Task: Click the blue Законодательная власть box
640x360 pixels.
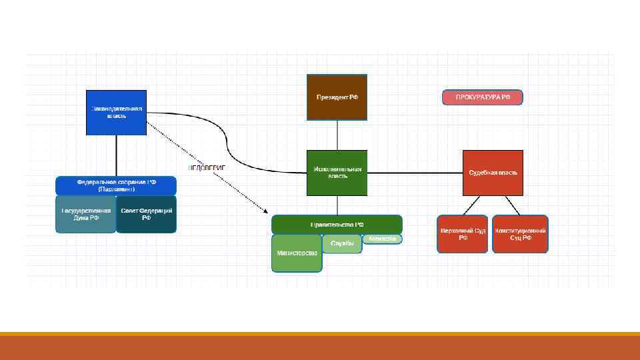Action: pyautogui.click(x=116, y=112)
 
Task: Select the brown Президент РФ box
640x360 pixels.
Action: pyautogui.click(x=337, y=97)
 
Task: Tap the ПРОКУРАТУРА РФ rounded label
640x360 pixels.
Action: pyautogui.click(x=483, y=97)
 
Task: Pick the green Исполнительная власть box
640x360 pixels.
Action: pyautogui.click(x=337, y=173)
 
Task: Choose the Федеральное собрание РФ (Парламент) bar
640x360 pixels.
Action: pyautogui.click(x=116, y=185)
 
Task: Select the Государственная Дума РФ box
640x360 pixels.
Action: pyautogui.click(x=85, y=214)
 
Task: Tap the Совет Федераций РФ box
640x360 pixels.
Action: pyautogui.click(x=147, y=214)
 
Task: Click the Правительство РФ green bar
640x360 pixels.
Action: pyautogui.click(x=337, y=224)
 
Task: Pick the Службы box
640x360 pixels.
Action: pyautogui.click(x=342, y=244)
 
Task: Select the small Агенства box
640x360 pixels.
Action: pyautogui.click(x=383, y=239)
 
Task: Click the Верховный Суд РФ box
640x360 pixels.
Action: pyautogui.click(x=463, y=233)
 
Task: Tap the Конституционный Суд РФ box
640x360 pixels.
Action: pyautogui.click(x=520, y=233)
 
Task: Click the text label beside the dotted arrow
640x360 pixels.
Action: pyautogui.click(x=207, y=167)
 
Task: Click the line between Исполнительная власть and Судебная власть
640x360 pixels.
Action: pyautogui.click(x=415, y=173)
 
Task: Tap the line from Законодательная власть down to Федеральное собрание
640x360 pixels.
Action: pyautogui.click(x=116, y=155)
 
